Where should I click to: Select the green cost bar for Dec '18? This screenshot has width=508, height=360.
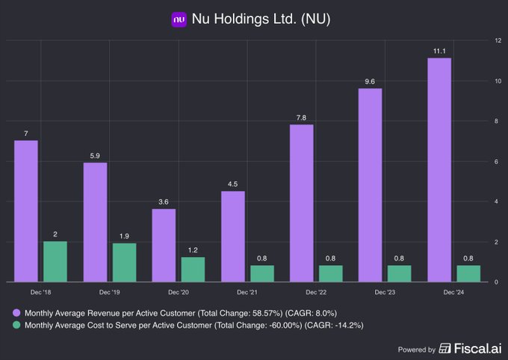pos(55,261)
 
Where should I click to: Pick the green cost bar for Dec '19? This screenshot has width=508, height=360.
pos(124,262)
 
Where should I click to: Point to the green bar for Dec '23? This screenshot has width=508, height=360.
pos(400,273)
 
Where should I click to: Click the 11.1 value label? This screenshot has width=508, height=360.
pos(439,50)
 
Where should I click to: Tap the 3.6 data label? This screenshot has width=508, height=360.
pos(164,201)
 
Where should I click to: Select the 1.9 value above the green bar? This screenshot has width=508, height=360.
pos(124,235)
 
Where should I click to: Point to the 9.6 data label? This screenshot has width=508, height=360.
pos(370,81)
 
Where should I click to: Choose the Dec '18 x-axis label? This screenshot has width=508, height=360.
pos(41,293)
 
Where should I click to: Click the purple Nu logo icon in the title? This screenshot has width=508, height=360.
pos(179,19)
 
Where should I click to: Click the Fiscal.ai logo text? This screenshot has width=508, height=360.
pos(474,349)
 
